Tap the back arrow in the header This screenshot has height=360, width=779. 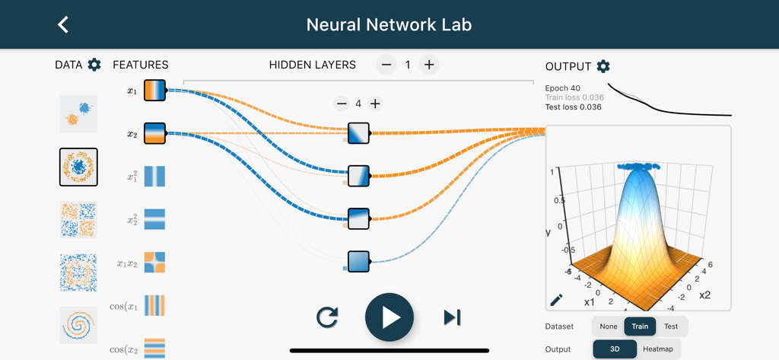[x=63, y=24]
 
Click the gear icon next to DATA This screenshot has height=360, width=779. [x=94, y=65]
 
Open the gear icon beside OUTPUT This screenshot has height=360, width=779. [x=603, y=66]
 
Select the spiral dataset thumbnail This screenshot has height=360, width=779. [x=78, y=325]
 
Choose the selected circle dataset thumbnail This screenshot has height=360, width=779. [x=78, y=167]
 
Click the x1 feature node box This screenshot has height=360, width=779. [x=154, y=91]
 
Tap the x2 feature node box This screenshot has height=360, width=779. [x=154, y=133]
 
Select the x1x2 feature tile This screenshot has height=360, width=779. [x=154, y=263]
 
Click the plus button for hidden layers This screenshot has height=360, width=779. [x=429, y=65]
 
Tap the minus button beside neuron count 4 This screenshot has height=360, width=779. [x=342, y=104]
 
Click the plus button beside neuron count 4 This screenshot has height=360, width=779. [x=375, y=104]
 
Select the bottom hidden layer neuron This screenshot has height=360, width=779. [x=358, y=261]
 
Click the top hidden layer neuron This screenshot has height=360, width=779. [x=358, y=133]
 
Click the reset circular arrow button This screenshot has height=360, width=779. [x=327, y=317]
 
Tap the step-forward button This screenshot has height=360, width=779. [x=452, y=317]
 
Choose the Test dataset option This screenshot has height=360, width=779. [x=671, y=327]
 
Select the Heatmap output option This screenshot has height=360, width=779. [x=658, y=349]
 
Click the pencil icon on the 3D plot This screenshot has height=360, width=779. [x=557, y=300]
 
